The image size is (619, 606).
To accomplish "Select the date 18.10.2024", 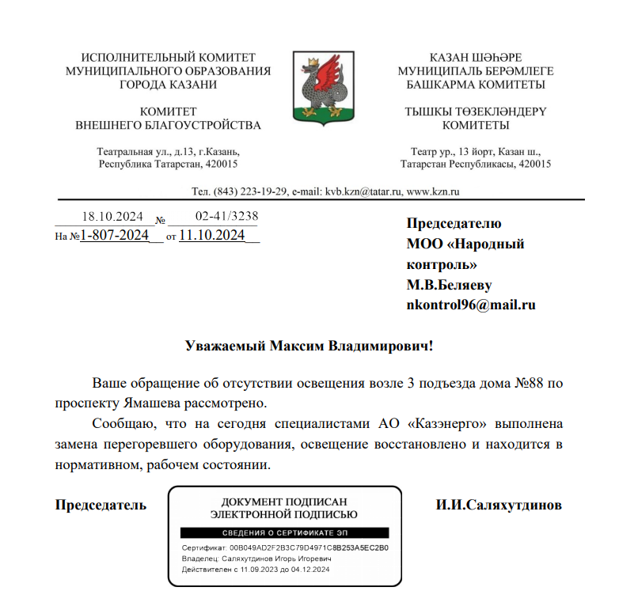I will [112, 217].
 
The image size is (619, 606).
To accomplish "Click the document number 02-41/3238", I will [226, 217].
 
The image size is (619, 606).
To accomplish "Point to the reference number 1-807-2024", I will [116, 235].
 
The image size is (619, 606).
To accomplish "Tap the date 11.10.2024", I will [212, 235].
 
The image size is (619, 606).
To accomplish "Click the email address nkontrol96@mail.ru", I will [470, 305].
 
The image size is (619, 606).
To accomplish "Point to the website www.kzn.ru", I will [433, 191].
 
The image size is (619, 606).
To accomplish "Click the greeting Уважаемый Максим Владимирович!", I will [309, 346].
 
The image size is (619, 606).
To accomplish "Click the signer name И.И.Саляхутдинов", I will [499, 504].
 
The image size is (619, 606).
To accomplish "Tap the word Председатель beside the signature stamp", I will [101, 504].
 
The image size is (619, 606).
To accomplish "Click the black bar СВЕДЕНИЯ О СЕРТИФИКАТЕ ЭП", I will [285, 533].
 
